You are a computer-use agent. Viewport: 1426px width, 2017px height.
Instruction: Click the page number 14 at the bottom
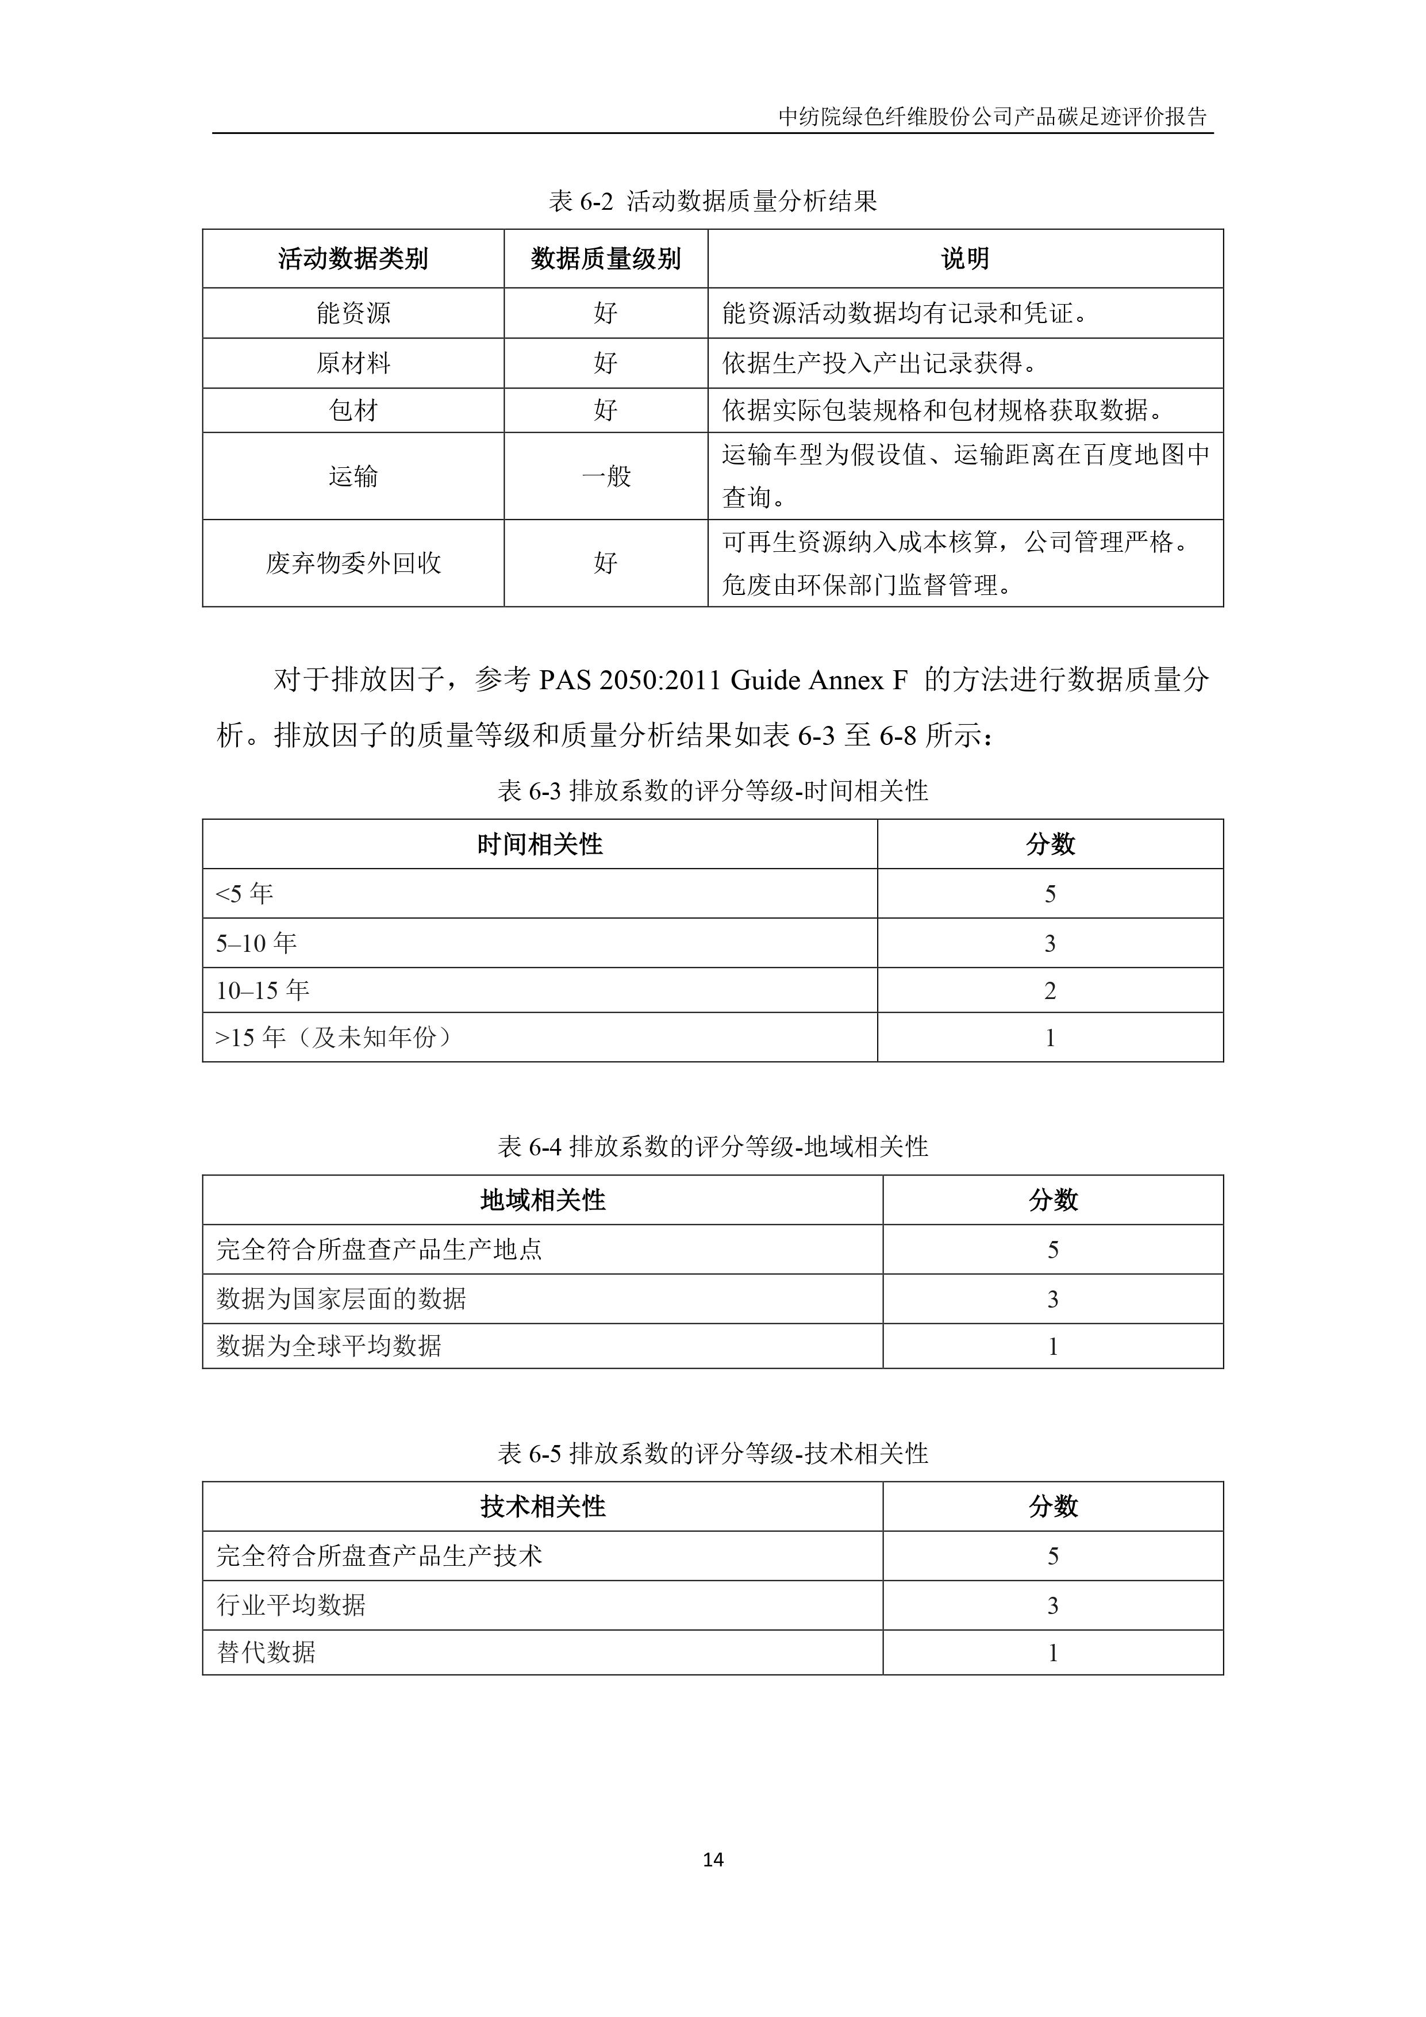click(713, 1860)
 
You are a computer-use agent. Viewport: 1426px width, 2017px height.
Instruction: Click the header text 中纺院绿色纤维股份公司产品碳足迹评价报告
click(992, 117)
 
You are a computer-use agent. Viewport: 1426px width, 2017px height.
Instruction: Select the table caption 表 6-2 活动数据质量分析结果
click(713, 201)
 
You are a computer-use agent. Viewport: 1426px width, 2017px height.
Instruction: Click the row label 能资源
click(353, 313)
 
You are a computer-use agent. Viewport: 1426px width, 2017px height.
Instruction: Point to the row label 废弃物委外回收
click(353, 563)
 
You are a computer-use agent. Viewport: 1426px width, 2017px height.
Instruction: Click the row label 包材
click(353, 410)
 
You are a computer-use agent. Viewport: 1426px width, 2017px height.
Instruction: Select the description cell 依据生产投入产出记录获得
click(879, 363)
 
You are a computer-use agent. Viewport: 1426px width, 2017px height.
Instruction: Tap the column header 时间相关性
click(540, 844)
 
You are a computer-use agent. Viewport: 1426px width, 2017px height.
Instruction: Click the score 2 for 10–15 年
click(1050, 991)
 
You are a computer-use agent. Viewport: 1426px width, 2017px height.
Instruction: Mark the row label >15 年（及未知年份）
click(335, 1038)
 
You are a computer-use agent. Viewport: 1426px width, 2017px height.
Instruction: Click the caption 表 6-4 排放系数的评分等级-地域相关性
click(713, 1146)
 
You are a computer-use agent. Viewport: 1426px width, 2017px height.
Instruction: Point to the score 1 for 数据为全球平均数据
click(1052, 1347)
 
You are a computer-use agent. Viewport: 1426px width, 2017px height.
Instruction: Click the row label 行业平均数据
click(291, 1605)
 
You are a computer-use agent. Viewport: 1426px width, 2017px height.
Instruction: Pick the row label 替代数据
click(266, 1653)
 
